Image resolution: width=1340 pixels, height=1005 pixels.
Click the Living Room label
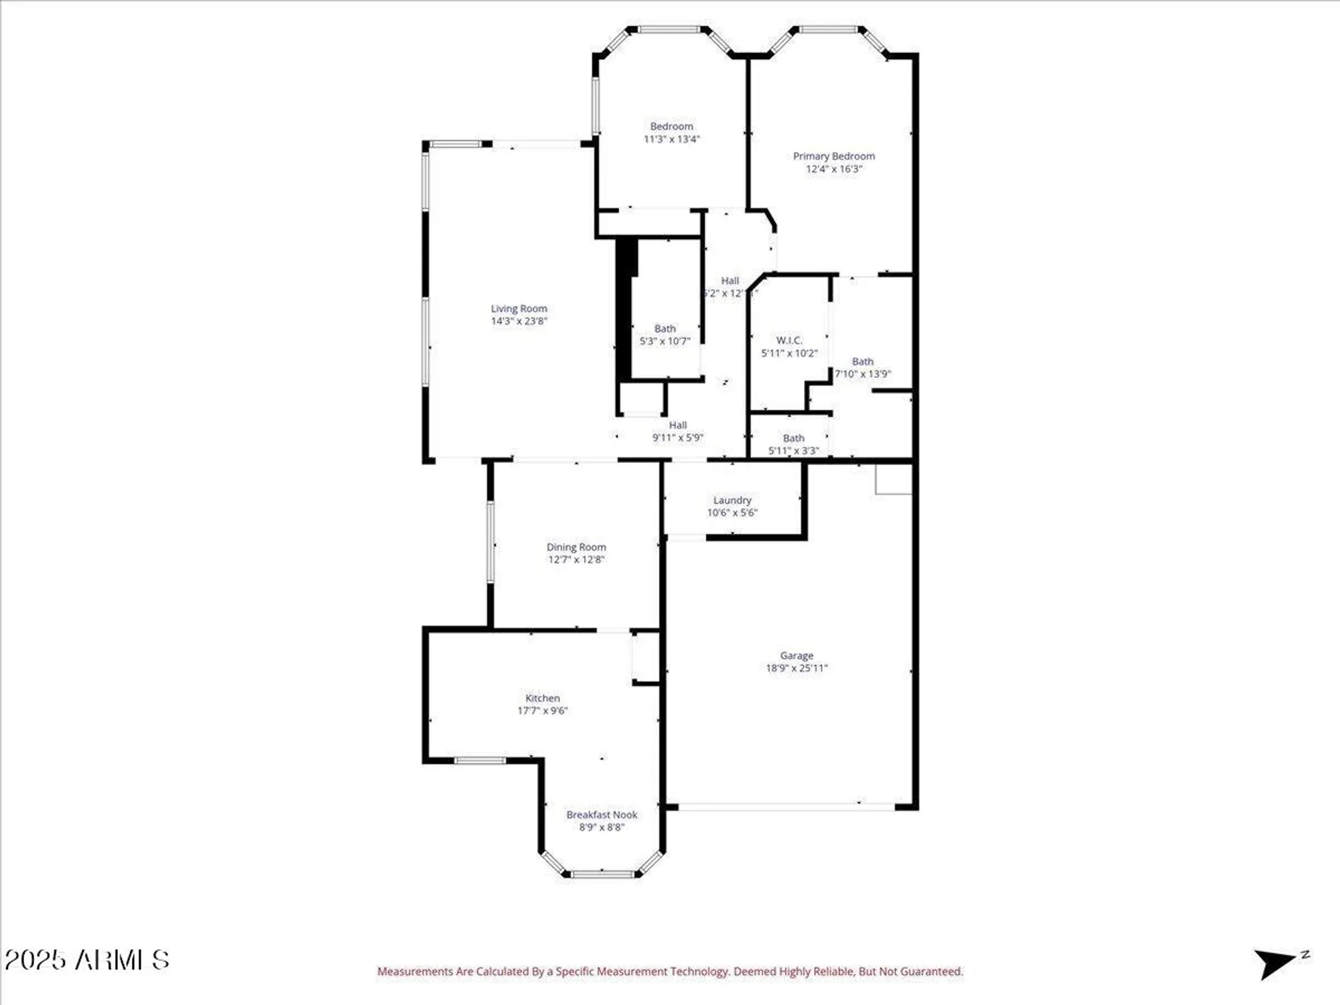click(x=519, y=309)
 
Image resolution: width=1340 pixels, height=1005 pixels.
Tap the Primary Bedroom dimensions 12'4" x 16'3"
click(x=833, y=169)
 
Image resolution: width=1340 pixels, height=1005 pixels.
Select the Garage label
click(x=796, y=655)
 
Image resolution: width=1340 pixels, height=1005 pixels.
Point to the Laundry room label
click(x=732, y=500)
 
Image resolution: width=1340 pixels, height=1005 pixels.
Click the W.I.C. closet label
click(x=789, y=340)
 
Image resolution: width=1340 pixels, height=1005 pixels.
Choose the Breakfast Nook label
click(x=602, y=815)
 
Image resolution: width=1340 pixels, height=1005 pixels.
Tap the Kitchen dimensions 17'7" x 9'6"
click(x=542, y=710)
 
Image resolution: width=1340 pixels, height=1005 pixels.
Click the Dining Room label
click(x=576, y=547)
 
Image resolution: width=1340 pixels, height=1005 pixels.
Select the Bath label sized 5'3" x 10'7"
click(x=665, y=329)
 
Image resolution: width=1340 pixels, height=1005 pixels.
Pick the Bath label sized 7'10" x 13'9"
click(x=862, y=362)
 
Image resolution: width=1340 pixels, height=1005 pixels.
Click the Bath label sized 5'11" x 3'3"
click(x=793, y=438)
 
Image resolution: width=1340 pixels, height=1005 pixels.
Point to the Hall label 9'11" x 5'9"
click(x=677, y=425)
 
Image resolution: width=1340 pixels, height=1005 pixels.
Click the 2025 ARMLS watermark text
click(x=87, y=960)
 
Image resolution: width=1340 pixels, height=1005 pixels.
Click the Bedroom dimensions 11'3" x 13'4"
click(x=671, y=139)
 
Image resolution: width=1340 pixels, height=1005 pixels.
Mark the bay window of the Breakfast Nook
click(x=602, y=873)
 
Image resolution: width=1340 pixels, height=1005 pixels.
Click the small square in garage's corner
click(x=893, y=479)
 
